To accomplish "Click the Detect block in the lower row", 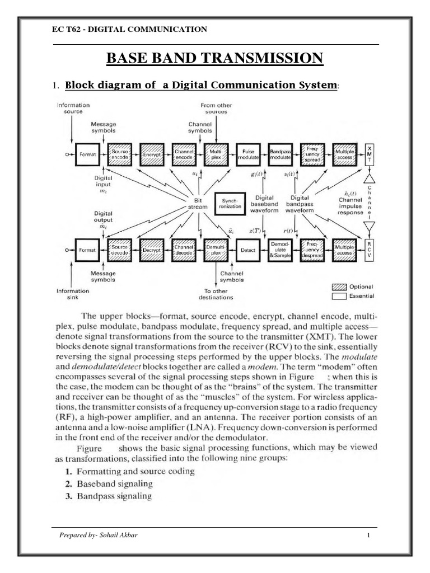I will (x=248, y=251).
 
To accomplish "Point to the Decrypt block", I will (x=151, y=251).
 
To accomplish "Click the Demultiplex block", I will (x=216, y=251).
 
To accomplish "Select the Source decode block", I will (x=119, y=251).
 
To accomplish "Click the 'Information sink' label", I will (x=73, y=294).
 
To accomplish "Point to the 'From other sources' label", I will (x=216, y=108).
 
